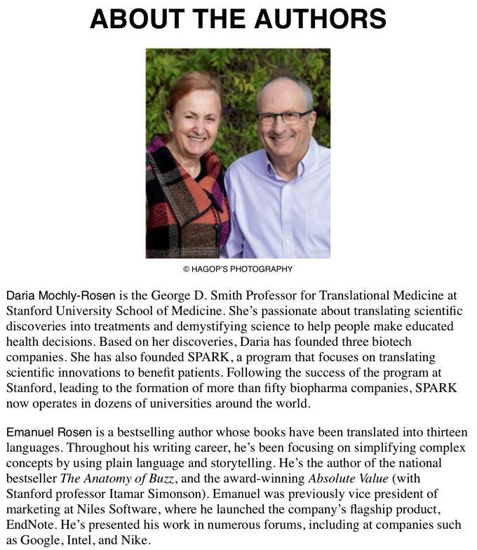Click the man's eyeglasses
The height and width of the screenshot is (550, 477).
(x=285, y=116)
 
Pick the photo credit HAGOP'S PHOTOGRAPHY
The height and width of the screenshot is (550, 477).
(x=238, y=269)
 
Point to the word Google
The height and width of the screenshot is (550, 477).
(x=37, y=539)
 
